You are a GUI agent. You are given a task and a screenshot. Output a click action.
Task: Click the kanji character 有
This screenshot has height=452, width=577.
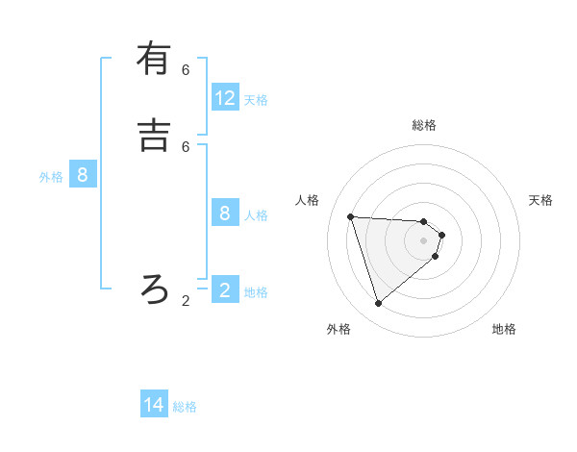154,59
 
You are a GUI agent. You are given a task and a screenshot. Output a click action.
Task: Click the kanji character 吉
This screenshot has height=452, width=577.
154,134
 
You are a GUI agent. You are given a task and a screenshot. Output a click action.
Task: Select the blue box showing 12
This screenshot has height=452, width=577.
225,97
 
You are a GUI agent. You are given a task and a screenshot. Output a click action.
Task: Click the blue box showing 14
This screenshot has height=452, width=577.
154,405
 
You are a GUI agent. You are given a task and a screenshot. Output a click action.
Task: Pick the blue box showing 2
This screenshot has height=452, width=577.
225,290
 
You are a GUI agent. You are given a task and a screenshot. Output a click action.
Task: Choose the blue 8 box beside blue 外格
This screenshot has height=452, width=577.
83,175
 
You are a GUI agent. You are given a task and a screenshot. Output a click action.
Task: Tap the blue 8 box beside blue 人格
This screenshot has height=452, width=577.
225,213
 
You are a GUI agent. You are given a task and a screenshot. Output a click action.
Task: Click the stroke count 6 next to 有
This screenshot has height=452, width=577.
186,70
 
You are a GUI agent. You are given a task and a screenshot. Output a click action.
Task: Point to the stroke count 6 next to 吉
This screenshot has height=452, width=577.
186,146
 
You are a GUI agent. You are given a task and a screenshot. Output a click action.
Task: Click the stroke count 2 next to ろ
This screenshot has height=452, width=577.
186,301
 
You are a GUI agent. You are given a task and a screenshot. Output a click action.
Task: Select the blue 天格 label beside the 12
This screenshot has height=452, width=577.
256,100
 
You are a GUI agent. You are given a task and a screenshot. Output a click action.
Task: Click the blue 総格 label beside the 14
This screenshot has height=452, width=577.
185,407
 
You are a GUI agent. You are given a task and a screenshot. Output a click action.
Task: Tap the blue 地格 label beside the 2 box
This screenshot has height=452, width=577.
256,292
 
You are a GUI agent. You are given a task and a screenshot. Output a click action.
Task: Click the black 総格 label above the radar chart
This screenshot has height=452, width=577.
424,125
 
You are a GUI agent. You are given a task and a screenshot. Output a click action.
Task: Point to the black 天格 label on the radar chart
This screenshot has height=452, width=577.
541,200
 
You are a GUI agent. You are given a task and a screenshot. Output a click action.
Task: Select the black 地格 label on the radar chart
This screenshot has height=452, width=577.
504,329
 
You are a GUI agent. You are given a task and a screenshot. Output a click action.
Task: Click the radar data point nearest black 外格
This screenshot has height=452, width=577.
378,304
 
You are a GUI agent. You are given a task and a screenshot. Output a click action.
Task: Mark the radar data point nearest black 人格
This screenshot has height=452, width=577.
350,216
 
